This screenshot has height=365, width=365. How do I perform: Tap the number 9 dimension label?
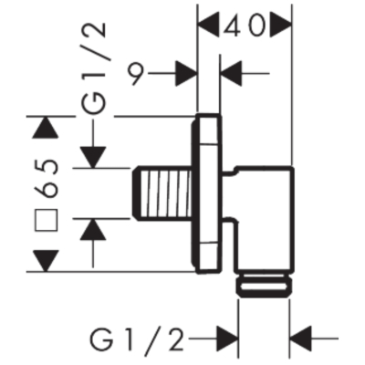(x=136, y=73)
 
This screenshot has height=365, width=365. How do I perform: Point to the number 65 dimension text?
(x=47, y=179)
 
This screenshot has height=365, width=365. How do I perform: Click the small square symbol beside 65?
(x=47, y=220)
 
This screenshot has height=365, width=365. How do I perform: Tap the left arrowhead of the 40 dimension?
(x=208, y=25)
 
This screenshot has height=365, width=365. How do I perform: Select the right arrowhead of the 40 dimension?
(x=281, y=25)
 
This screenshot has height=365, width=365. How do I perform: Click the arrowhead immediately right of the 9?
(x=186, y=73)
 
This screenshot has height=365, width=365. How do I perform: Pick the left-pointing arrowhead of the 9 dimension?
(x=232, y=73)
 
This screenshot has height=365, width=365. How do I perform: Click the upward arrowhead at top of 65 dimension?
(x=47, y=128)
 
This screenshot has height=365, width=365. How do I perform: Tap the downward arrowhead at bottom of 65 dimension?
(x=47, y=261)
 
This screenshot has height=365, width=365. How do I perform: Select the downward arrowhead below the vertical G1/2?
(x=93, y=157)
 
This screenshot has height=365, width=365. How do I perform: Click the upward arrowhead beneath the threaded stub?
(x=93, y=229)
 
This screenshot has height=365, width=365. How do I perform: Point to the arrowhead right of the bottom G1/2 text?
(x=227, y=338)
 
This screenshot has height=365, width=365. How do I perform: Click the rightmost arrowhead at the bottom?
(x=302, y=338)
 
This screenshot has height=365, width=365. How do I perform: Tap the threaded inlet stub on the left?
(x=162, y=193)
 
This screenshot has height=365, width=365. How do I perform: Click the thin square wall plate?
(x=206, y=193)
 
